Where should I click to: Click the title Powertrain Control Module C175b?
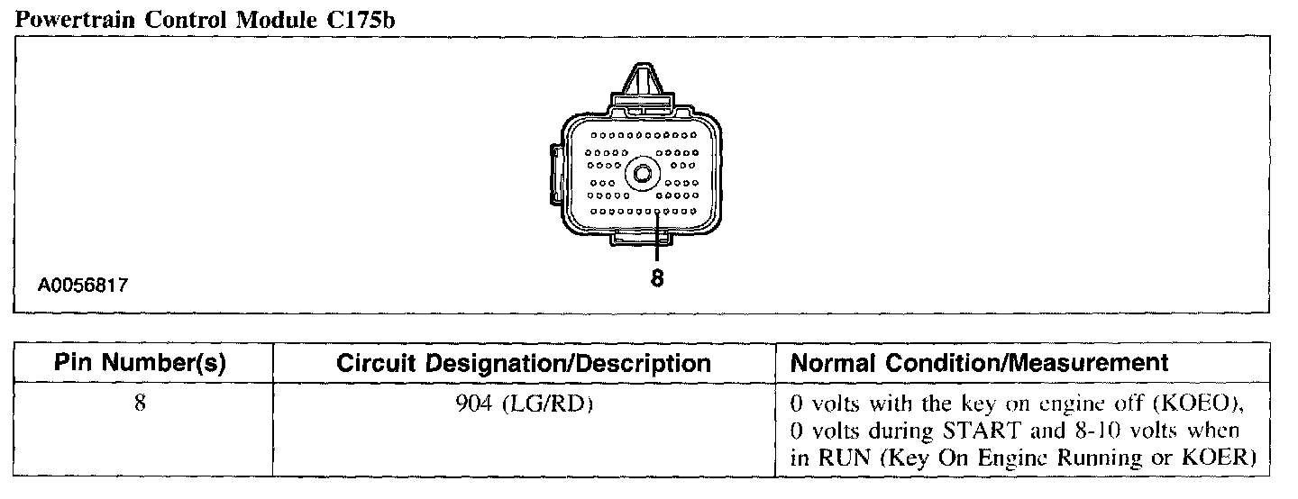[206, 19]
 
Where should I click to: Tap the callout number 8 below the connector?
[656, 279]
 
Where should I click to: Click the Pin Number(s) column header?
[140, 363]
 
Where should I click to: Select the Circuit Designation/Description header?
[523, 363]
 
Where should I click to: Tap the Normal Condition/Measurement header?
[979, 363]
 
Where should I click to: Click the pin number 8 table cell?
[140, 404]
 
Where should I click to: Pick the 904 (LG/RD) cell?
[523, 404]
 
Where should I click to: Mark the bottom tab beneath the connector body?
[642, 237]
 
